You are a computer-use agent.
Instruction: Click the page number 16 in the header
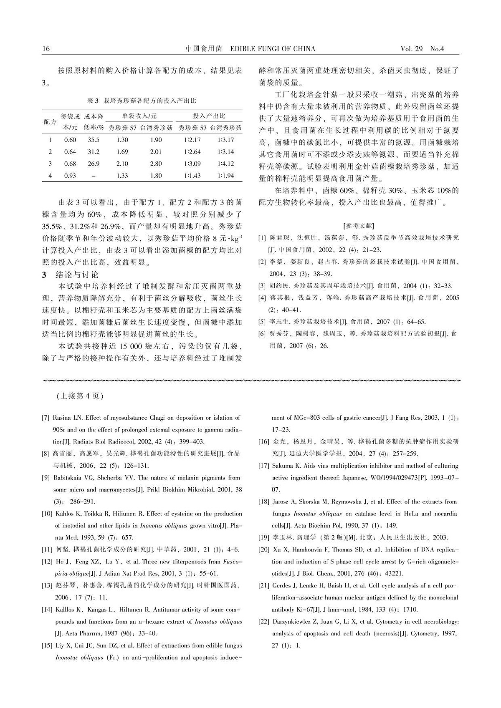pos(46,49)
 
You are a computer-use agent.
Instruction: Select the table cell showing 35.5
pos(94,140)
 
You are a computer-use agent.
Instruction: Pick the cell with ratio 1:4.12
pos(226,164)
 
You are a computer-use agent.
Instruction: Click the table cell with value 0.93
pos(70,176)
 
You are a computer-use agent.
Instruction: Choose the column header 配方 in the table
pos(50,122)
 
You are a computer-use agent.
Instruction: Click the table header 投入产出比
pos(209,116)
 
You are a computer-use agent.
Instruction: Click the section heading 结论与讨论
pos(77,275)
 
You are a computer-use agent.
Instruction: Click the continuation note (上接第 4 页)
pos(79,396)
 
